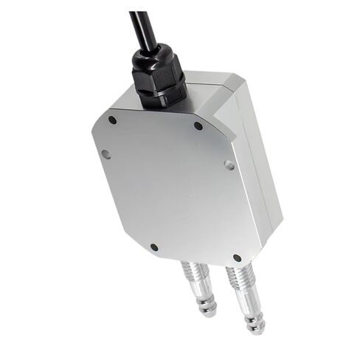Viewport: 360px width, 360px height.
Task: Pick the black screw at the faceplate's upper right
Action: point(198,126)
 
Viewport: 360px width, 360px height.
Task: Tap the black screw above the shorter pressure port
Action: point(153,248)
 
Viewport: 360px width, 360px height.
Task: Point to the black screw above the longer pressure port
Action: point(236,258)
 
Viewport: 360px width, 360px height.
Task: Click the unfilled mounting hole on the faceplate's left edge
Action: point(105,155)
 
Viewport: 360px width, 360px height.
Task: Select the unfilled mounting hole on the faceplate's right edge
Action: point(229,166)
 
